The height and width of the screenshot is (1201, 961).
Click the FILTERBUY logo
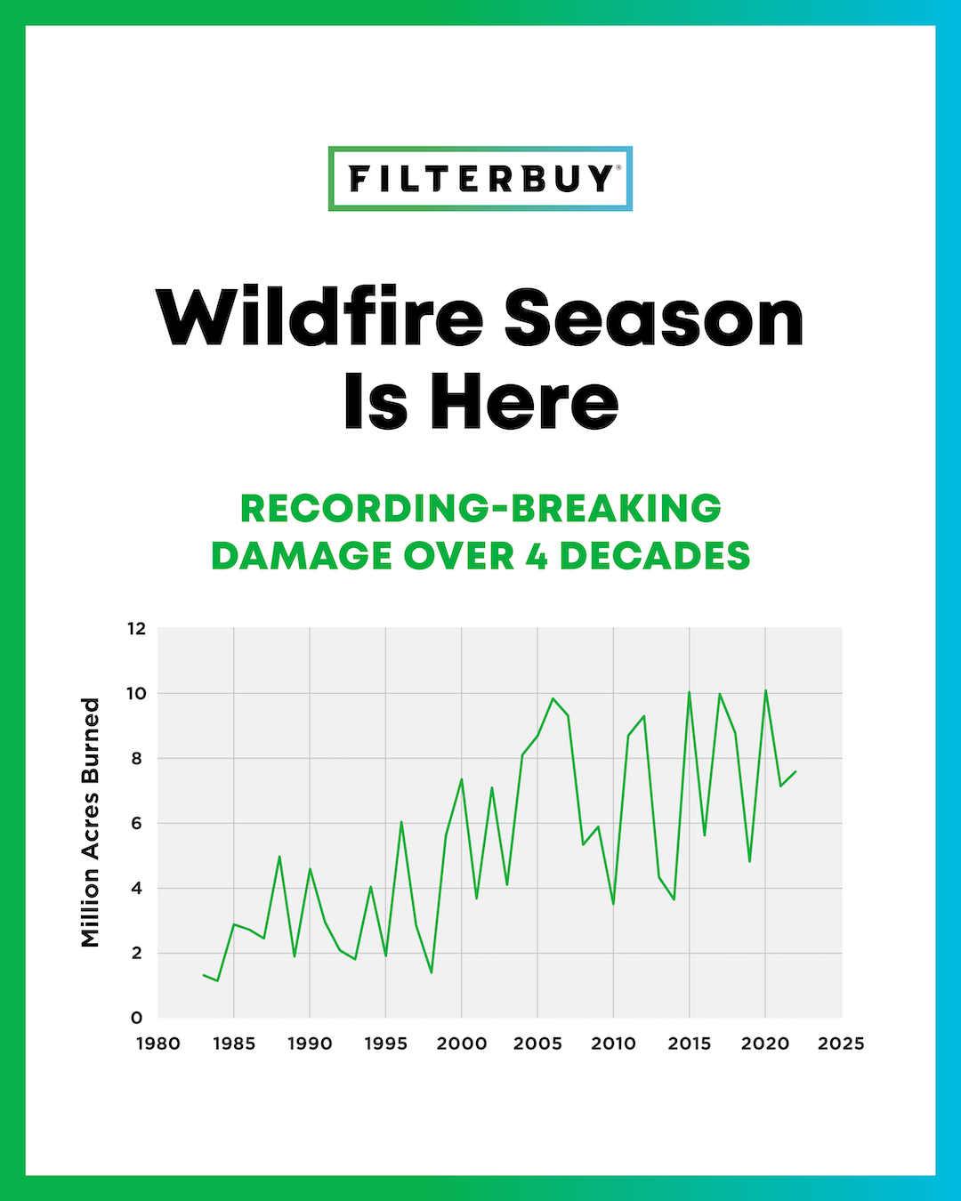point(480,179)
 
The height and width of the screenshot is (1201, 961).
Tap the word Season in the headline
point(654,318)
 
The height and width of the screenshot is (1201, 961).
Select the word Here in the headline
point(525,402)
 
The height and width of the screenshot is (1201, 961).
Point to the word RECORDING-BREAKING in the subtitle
point(480,509)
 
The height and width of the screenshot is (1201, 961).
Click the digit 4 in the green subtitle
point(537,557)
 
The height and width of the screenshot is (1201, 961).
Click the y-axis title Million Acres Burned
point(90,822)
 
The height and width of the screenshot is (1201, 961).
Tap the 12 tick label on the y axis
point(136,629)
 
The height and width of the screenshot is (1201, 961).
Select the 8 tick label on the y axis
point(137,759)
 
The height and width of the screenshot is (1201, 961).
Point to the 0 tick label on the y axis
point(137,1018)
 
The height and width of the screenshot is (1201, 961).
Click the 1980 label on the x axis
point(158,1044)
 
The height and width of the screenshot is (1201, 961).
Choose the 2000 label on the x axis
point(462,1044)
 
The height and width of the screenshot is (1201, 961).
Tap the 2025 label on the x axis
point(841,1044)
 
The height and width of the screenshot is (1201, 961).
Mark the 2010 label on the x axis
point(613,1044)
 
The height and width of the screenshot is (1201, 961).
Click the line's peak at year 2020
point(765,690)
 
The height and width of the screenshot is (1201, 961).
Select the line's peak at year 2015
point(689,692)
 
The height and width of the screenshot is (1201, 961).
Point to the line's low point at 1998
point(432,972)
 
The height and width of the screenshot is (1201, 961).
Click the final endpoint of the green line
point(795,771)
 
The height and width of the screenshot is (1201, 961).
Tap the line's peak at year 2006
point(553,698)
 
